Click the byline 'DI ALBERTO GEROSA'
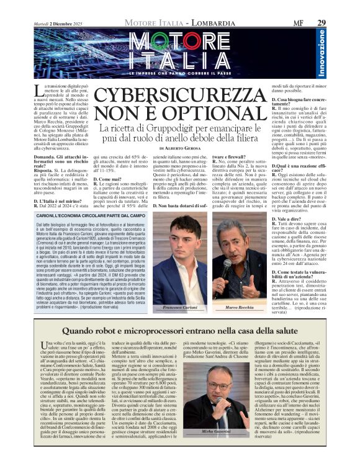pos(180,149)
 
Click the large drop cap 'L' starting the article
pos(39,92)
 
